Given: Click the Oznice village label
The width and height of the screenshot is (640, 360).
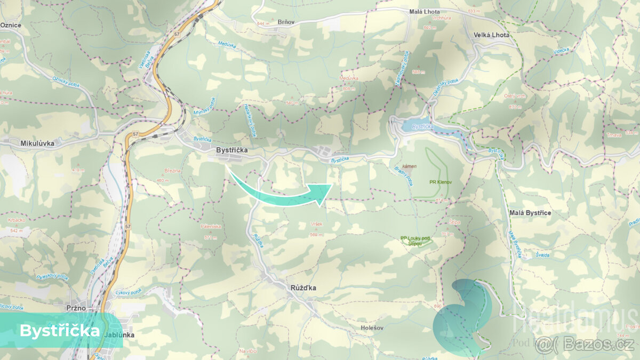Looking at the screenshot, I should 11,25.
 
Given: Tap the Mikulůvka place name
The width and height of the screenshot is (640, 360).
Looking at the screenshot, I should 36,143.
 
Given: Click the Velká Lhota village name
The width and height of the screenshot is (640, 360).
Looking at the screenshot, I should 491,35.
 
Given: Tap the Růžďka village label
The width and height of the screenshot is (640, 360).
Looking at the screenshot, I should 303,288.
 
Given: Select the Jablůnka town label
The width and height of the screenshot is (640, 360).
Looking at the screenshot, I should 120,335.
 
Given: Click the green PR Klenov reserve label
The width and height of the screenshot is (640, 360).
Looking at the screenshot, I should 440,182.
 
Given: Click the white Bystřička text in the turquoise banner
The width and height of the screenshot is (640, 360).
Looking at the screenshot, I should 59,331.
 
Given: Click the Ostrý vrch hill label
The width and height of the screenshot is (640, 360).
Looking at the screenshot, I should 515,96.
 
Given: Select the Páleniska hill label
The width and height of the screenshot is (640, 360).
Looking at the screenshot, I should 211,226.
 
